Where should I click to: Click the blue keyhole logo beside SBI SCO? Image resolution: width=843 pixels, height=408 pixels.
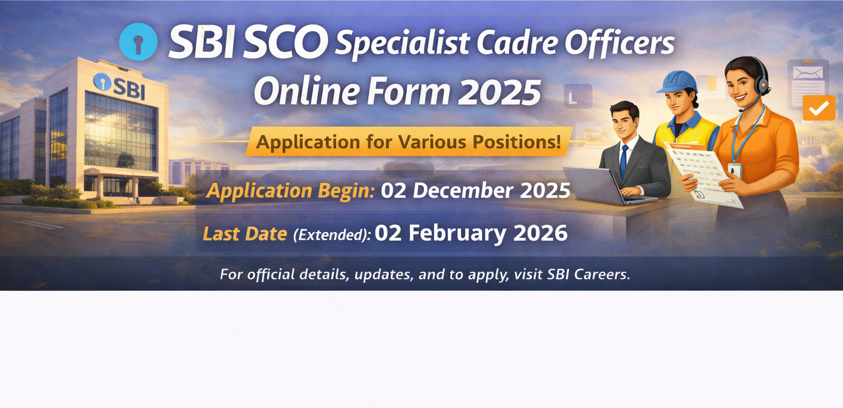point(138,42)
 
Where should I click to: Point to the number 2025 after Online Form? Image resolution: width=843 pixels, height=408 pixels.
point(499,93)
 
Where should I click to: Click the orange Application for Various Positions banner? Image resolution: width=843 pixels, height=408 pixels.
point(409,141)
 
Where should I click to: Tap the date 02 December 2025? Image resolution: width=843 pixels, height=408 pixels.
point(475,190)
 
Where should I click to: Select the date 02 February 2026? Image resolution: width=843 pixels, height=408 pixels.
point(471,233)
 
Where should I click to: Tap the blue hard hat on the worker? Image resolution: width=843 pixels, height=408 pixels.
point(676,81)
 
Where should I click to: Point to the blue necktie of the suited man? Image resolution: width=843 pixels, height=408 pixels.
point(624,158)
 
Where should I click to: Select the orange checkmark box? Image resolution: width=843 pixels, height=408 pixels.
point(818,108)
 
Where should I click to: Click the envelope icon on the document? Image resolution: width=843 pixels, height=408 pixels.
point(808,73)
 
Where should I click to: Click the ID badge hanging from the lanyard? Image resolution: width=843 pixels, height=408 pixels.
point(734,170)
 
